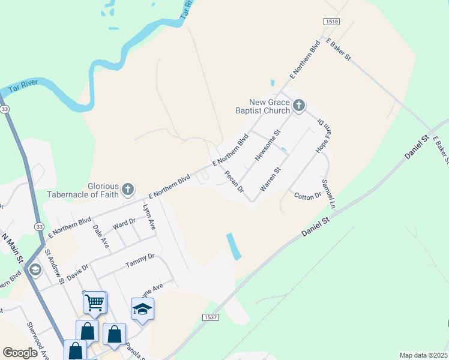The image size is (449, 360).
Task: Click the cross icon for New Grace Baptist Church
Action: click(x=299, y=107)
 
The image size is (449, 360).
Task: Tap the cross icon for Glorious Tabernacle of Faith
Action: click(x=127, y=190)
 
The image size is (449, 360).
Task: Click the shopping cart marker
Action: click(x=95, y=303)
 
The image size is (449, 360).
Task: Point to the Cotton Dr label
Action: click(x=308, y=196)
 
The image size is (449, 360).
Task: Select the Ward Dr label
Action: click(x=124, y=224)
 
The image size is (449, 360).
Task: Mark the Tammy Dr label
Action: click(x=140, y=260)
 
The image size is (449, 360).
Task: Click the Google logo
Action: click(x=20, y=353)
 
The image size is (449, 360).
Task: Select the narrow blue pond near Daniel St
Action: click(x=234, y=246)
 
